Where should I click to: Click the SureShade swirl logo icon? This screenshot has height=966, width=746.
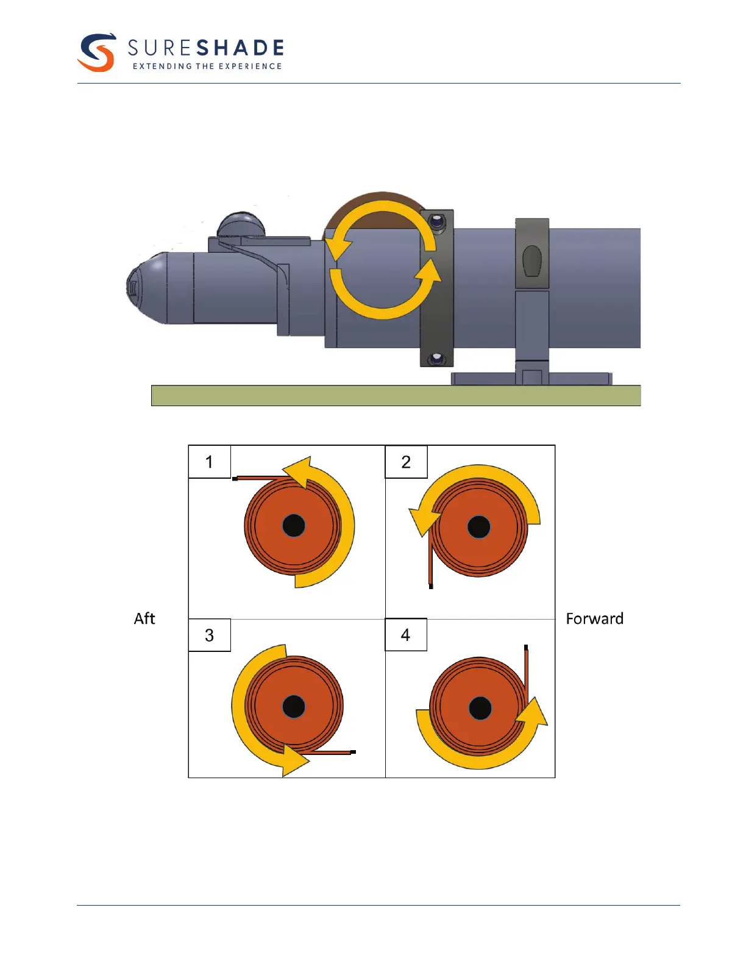(x=97, y=52)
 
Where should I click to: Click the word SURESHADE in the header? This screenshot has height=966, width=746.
(x=205, y=48)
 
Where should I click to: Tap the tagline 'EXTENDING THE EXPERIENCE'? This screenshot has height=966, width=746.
(x=207, y=66)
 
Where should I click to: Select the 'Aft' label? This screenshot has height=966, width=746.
(x=144, y=618)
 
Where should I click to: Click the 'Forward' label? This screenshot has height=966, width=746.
(x=594, y=618)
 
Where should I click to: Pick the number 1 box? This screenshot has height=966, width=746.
(x=210, y=462)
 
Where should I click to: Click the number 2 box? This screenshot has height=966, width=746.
(x=406, y=462)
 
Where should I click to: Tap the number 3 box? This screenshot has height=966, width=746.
(x=210, y=635)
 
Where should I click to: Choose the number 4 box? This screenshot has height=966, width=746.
(x=406, y=635)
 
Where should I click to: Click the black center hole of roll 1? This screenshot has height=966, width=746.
(x=294, y=525)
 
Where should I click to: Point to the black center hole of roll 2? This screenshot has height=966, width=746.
(x=478, y=527)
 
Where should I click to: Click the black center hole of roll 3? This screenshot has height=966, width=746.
(x=294, y=706)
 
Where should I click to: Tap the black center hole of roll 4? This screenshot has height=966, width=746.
(x=480, y=708)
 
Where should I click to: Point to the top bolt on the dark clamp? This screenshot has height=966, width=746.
(x=436, y=222)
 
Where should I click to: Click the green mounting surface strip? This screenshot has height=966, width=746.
(x=396, y=395)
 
